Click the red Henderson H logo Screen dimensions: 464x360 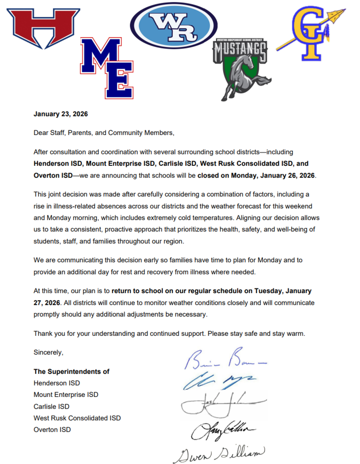pyautogui.click(x=44, y=28)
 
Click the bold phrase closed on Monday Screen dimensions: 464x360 pyautogui.click(x=256, y=175)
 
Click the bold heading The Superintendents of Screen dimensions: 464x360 pyautogui.click(x=72, y=372)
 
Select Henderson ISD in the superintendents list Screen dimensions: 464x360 pyautogui.click(x=57, y=383)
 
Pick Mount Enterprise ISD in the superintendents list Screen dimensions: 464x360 pyautogui.click(x=66, y=395)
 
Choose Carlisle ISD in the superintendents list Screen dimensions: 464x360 pyautogui.click(x=51, y=406)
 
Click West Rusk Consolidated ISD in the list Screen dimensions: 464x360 pyautogui.click(x=77, y=418)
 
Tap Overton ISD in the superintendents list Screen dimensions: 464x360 pyautogui.click(x=52, y=430)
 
